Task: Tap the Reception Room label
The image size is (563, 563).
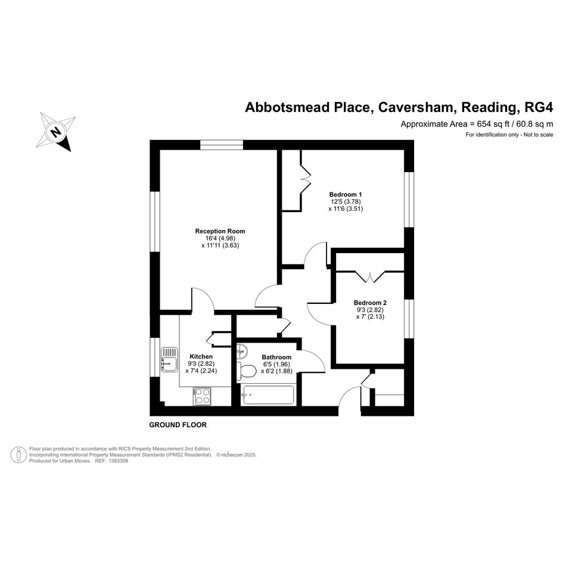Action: tap(220, 231)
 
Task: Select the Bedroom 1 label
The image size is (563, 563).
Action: tap(346, 195)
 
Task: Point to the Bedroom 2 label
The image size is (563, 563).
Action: tap(370, 303)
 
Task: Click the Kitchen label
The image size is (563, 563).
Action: tap(201, 356)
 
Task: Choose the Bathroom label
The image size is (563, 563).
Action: tap(276, 357)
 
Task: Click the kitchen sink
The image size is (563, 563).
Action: tap(169, 359)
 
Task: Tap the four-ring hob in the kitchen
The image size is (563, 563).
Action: tap(202, 396)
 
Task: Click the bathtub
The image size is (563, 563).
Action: tap(268, 395)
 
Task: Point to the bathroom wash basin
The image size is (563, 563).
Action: tap(242, 351)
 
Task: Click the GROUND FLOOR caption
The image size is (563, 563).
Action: tap(178, 425)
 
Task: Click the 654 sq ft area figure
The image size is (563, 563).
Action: tap(493, 125)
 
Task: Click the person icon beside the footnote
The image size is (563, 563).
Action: tap(18, 455)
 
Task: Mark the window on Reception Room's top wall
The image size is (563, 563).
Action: tap(222, 145)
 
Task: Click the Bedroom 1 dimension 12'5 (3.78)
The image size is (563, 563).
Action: tap(346, 202)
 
